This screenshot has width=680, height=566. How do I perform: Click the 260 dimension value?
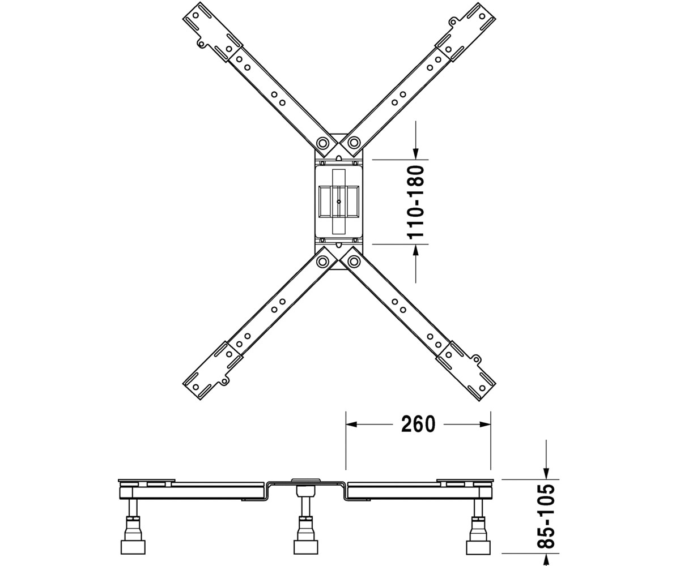[418, 424]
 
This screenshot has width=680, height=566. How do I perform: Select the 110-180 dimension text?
[416, 203]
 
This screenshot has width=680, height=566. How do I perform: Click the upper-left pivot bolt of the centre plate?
[323, 143]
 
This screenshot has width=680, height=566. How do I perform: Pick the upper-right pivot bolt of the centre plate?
[354, 143]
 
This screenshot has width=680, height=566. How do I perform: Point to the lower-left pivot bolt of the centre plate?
[323, 261]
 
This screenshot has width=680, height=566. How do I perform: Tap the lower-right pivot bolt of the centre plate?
[354, 261]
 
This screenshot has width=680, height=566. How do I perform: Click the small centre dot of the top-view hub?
[339, 201]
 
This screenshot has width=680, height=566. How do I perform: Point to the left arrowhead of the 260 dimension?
[351, 424]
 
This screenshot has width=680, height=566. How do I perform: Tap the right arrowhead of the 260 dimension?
[485, 424]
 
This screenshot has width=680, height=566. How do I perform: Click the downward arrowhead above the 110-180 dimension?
[416, 154]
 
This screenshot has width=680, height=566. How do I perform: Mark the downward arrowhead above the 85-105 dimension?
[546, 474]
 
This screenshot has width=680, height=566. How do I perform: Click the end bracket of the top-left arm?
[212, 32]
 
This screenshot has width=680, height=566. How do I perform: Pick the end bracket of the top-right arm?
[466, 32]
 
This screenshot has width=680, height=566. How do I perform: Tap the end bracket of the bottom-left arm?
[212, 371]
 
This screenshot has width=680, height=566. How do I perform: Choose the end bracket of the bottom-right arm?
[466, 371]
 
